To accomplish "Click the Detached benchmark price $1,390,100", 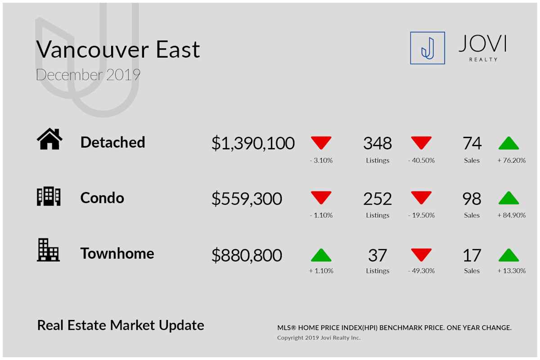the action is (x=253, y=143).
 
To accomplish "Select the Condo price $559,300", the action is (x=247, y=199).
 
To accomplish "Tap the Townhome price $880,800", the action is (x=247, y=255).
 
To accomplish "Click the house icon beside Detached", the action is (x=49, y=139).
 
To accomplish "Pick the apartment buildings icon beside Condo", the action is (x=49, y=196).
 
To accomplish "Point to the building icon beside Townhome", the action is (x=48, y=250).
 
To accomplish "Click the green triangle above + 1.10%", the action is (x=321, y=255).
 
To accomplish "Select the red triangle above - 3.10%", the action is (x=321, y=143).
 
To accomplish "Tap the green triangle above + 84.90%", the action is (x=508, y=198).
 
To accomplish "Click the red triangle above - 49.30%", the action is (x=421, y=255).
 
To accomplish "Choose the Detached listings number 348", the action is (x=378, y=143).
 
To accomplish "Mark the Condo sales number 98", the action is (x=472, y=199).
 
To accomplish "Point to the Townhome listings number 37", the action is (x=378, y=255).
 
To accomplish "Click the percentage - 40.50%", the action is (x=421, y=160).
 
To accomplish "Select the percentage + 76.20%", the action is (x=512, y=160).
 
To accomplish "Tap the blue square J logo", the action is (x=427, y=48).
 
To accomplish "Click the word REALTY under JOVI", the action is (x=483, y=59).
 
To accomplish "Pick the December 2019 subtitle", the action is (x=88, y=75).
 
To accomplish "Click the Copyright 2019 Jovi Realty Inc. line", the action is (x=319, y=337).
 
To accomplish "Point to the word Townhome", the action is (x=117, y=253).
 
